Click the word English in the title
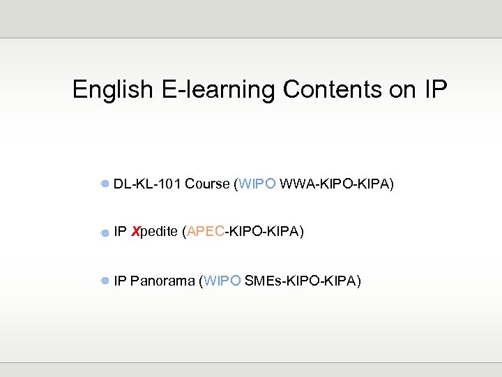pos(112,90)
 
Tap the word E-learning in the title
pos(218,90)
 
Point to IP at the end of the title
pos(434,90)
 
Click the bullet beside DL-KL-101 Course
pos(105,184)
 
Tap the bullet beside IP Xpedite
pos(105,232)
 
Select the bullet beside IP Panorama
pos(105,281)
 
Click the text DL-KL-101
pos(147,184)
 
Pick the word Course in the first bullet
pos(207,184)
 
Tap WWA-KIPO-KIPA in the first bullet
pos(336,184)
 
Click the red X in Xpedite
pos(135,232)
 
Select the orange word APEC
pos(205,232)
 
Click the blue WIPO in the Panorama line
pos(222,281)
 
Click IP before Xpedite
pos(119,232)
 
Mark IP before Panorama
pos(119,281)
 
